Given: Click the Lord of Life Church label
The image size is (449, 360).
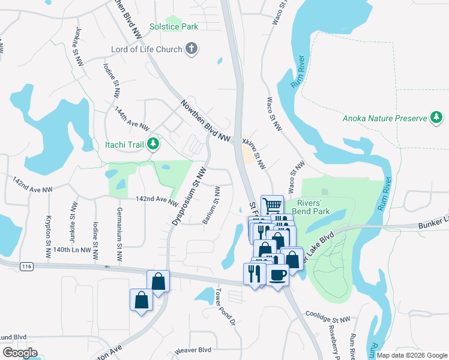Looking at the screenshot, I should (x=146, y=49).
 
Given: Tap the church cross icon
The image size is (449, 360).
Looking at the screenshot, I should (x=191, y=49).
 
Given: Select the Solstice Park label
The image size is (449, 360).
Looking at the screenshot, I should (x=173, y=27).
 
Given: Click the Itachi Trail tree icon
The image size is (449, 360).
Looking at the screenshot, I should (x=154, y=144).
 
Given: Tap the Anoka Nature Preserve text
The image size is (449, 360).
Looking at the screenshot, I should (x=384, y=118).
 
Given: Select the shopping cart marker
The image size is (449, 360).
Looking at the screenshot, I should (x=272, y=205).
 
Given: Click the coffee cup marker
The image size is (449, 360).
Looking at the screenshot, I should (x=277, y=275).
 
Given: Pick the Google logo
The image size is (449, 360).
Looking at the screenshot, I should (x=20, y=353).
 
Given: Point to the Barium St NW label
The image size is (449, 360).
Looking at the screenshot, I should (x=211, y=206).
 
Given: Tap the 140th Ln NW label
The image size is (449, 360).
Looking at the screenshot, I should (x=71, y=250).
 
